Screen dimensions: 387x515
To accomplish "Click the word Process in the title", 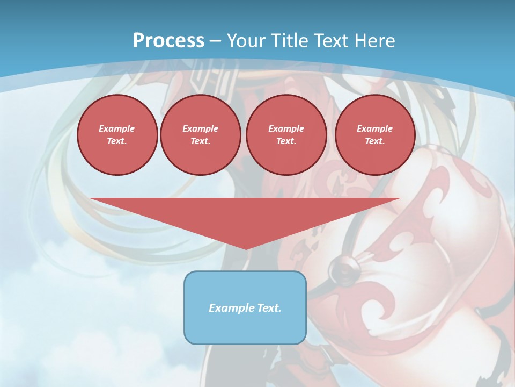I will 168,41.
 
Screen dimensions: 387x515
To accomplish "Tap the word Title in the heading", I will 290,41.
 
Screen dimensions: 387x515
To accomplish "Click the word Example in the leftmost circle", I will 117,128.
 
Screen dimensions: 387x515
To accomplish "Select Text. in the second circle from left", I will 200,141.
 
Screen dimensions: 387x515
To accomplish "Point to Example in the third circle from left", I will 286,128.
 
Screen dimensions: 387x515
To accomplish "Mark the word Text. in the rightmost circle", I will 374,141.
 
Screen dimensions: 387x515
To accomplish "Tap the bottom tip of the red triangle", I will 246,248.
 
